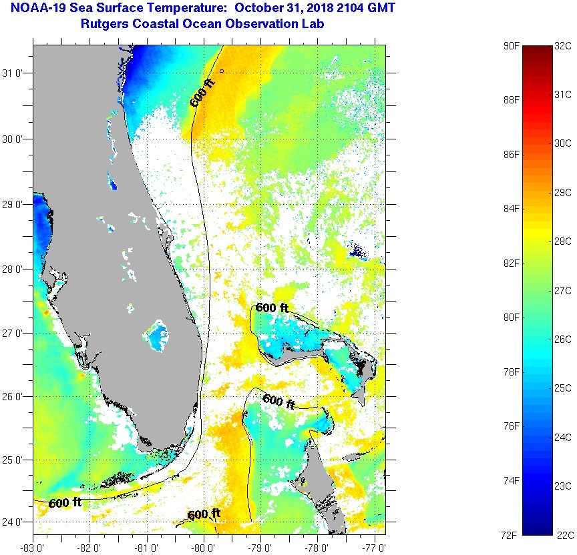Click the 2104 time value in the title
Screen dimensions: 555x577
[x=335, y=9]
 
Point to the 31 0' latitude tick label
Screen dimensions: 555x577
[x=15, y=73]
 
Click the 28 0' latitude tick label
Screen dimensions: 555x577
[x=15, y=269]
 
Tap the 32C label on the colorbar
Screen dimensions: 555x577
[x=563, y=46]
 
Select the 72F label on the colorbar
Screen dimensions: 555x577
[x=512, y=535]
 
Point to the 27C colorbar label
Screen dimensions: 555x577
[x=563, y=291]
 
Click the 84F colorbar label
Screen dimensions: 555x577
[x=512, y=209]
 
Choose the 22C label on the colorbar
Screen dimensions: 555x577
[x=563, y=535]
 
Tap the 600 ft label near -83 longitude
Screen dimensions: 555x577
[x=65, y=502]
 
